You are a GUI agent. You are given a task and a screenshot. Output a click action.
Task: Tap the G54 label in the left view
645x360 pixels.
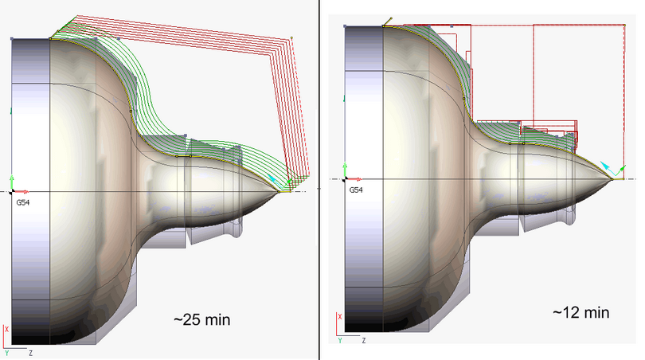(x=23, y=202)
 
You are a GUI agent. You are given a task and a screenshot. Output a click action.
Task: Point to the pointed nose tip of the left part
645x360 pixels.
(x=280, y=191)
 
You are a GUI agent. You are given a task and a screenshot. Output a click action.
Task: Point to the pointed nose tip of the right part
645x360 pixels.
(x=612, y=179)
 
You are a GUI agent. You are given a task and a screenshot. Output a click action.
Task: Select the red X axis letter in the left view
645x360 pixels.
(x=7, y=328)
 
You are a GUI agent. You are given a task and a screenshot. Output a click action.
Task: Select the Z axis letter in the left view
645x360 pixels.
(x=29, y=350)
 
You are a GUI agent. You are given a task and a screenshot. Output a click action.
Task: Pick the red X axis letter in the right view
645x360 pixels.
(x=341, y=317)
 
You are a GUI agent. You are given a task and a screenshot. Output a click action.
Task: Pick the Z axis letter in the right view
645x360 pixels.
(x=362, y=340)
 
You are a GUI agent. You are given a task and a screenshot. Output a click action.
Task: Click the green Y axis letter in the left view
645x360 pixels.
(x=6, y=351)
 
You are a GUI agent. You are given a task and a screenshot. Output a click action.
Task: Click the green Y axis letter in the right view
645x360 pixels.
(x=340, y=340)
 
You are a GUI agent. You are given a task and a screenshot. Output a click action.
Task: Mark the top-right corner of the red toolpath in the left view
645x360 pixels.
(x=291, y=37)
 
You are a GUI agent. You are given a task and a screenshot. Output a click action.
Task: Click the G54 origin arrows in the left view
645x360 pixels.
(x=14, y=191)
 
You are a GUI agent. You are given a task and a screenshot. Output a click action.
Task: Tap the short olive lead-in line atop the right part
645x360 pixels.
(x=388, y=21)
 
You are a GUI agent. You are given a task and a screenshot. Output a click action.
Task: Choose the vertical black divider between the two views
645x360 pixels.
(x=319, y=180)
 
